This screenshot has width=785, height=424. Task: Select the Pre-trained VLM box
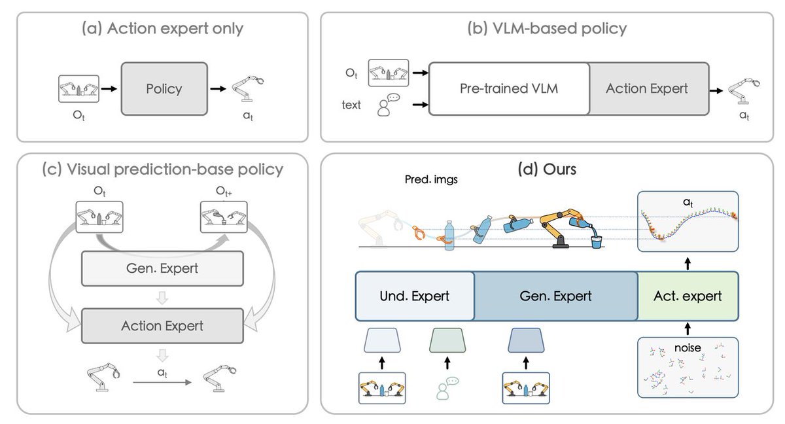tap(510, 88)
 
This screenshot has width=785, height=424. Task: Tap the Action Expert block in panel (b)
tap(647, 88)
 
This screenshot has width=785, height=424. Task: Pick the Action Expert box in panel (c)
tap(162, 325)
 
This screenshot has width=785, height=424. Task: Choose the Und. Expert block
tap(415, 296)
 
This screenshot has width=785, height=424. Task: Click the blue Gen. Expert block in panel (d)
tap(555, 296)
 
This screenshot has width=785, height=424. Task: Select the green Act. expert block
tap(688, 296)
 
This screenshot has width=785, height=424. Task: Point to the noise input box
tap(688, 367)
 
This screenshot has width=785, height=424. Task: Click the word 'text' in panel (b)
tap(351, 105)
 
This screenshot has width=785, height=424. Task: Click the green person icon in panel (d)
tap(447, 387)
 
